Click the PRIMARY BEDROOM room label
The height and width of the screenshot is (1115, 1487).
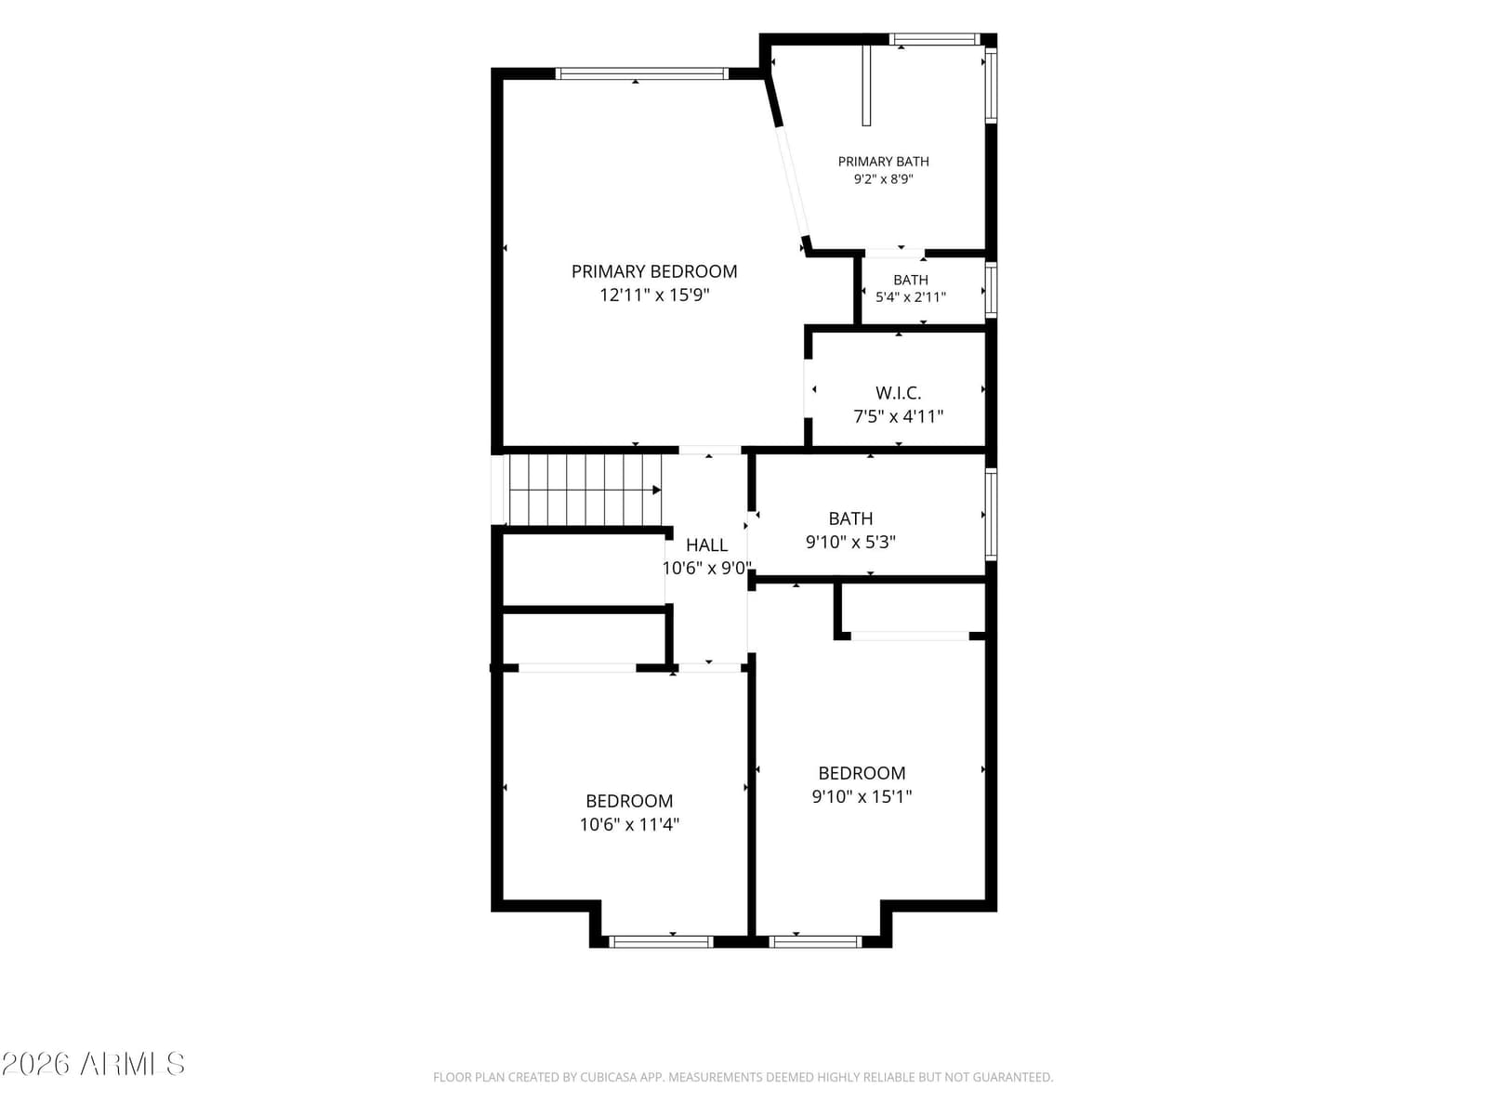tap(653, 271)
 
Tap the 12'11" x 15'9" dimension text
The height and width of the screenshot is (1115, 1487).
tap(654, 295)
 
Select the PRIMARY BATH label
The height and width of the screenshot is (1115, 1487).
tap(884, 162)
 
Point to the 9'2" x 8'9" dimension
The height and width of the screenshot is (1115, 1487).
tap(884, 179)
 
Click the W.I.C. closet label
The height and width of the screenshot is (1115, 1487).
tap(899, 393)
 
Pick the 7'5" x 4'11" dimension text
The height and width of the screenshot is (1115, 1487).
tap(899, 416)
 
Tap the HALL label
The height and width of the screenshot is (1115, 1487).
tap(706, 545)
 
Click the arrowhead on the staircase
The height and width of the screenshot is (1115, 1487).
tap(656, 490)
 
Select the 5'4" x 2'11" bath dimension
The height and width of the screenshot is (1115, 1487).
tap(911, 297)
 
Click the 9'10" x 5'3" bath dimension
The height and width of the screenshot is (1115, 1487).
tap(851, 543)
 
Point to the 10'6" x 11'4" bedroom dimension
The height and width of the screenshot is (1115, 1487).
tap(629, 824)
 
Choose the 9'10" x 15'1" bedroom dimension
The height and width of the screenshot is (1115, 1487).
tap(862, 796)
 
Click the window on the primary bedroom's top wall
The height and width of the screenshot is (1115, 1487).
tap(641, 73)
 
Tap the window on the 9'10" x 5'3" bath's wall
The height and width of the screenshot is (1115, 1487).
tap(991, 515)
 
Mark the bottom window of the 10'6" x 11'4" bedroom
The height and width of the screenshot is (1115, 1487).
tap(661, 941)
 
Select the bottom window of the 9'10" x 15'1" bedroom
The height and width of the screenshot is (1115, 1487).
tap(815, 941)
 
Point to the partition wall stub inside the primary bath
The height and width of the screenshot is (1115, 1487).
tap(866, 85)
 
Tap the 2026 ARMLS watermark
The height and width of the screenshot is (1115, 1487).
tap(93, 1065)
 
